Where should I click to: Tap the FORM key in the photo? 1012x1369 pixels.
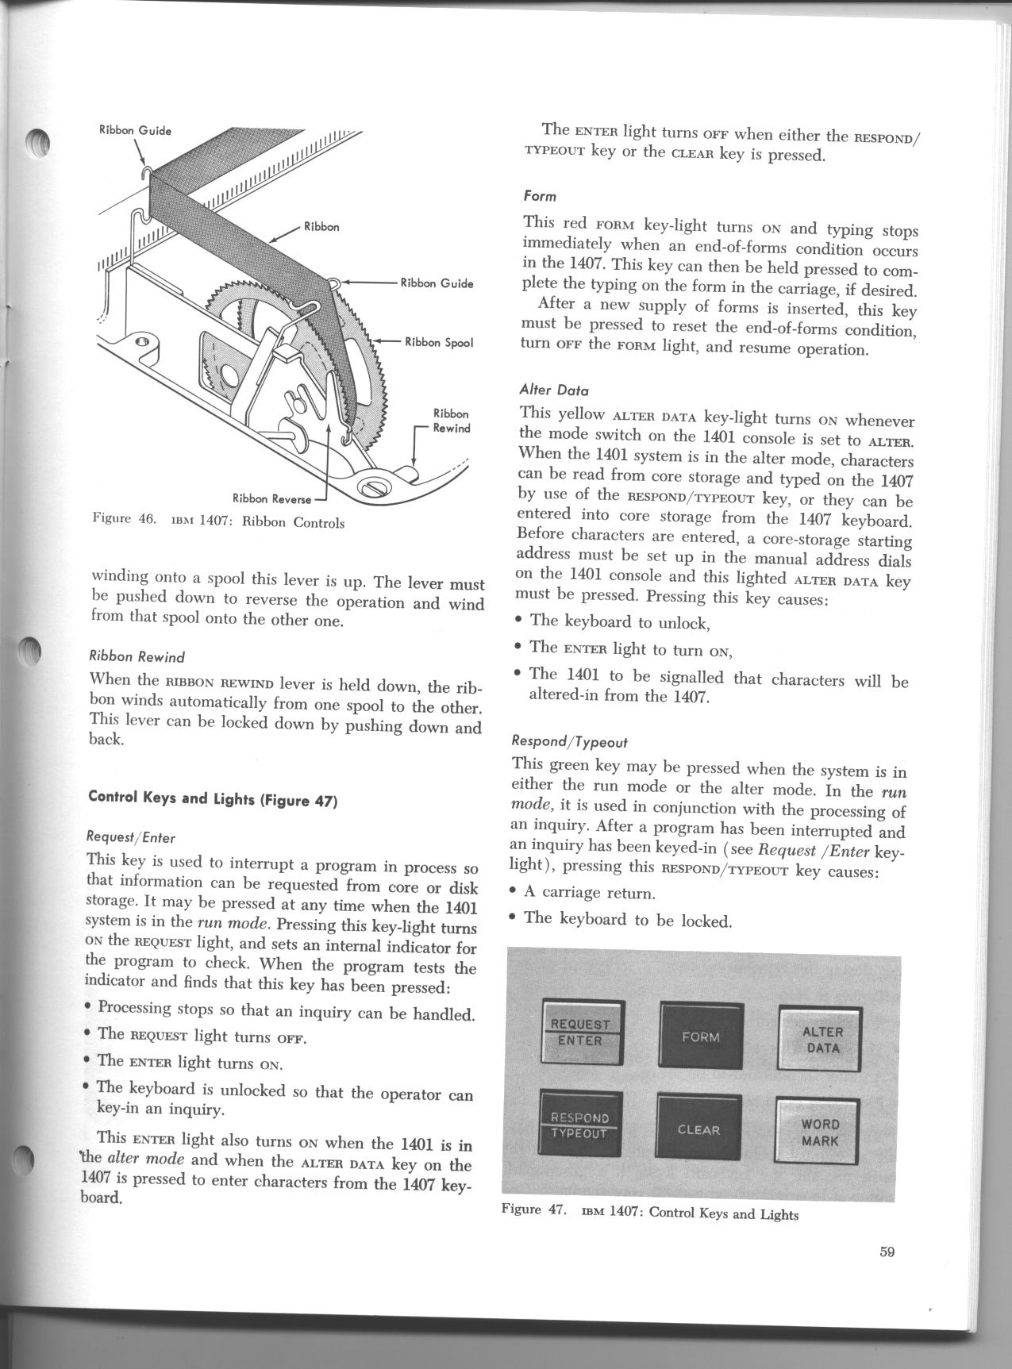click(x=700, y=1036)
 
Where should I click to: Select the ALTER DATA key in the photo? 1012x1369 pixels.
click(x=821, y=1040)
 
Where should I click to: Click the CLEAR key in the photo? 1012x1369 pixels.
click(x=698, y=1129)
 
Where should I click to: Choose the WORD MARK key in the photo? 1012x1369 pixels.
click(x=819, y=1133)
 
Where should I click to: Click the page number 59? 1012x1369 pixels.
click(x=887, y=1252)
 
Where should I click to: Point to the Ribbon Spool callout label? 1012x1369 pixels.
click(x=439, y=343)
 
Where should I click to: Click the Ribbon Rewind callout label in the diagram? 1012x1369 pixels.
click(x=452, y=421)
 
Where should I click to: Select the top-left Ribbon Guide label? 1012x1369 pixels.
click(x=135, y=130)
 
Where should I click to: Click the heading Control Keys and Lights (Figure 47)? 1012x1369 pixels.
click(x=214, y=799)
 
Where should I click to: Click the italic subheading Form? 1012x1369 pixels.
click(x=540, y=195)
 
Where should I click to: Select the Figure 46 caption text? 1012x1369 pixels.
click(x=218, y=522)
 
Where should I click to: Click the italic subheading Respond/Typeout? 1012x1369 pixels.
click(x=569, y=742)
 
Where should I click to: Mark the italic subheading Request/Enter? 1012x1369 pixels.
click(x=130, y=836)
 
